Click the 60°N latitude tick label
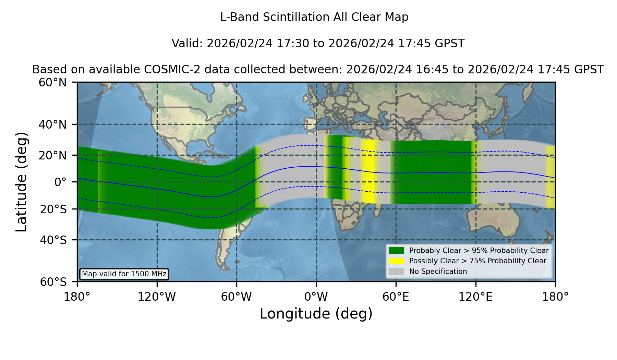point(52,83)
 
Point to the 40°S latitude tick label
point(53,240)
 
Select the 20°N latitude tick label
point(52,155)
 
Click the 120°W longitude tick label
point(157,297)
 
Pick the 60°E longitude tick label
point(396,297)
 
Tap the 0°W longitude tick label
point(316,297)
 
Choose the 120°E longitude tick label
point(475,297)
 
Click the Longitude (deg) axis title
point(316,314)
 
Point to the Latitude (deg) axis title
point(22,182)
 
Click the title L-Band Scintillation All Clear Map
point(314,17)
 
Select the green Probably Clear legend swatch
point(396,251)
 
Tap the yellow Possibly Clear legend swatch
point(396,261)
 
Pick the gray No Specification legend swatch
point(396,272)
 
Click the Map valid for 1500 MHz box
point(124,274)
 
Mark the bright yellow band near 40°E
point(368,171)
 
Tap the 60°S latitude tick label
point(53,282)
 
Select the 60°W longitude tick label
point(237,297)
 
